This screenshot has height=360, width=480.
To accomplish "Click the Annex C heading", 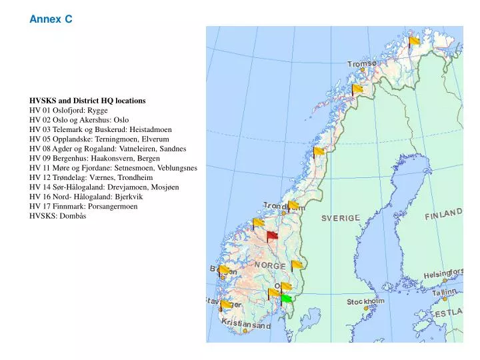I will pyautogui.click(x=51, y=20).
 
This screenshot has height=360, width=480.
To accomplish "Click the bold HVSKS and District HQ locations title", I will pyautogui.click(x=87, y=101).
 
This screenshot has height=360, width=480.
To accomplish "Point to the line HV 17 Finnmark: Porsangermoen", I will pyautogui.click(x=83, y=207).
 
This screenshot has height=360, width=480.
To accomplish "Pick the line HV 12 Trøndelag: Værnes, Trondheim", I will pyautogui.click(x=91, y=178).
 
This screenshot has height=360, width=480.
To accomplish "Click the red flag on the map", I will pyautogui.click(x=272, y=235).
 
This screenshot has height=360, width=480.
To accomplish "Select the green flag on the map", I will pyautogui.click(x=286, y=298).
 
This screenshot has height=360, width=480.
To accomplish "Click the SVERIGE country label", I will pyautogui.click(x=341, y=219).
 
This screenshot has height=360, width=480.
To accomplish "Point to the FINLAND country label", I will pyautogui.click(x=443, y=214).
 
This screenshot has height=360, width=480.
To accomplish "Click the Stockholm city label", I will pyautogui.click(x=365, y=302).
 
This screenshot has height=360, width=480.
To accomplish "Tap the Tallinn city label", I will pyautogui.click(x=444, y=292).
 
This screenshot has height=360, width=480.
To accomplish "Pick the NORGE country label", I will pyautogui.click(x=269, y=265).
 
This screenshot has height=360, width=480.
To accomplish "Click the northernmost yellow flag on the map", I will pyautogui.click(x=414, y=41).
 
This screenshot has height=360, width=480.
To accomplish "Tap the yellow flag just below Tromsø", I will pyautogui.click(x=357, y=89).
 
